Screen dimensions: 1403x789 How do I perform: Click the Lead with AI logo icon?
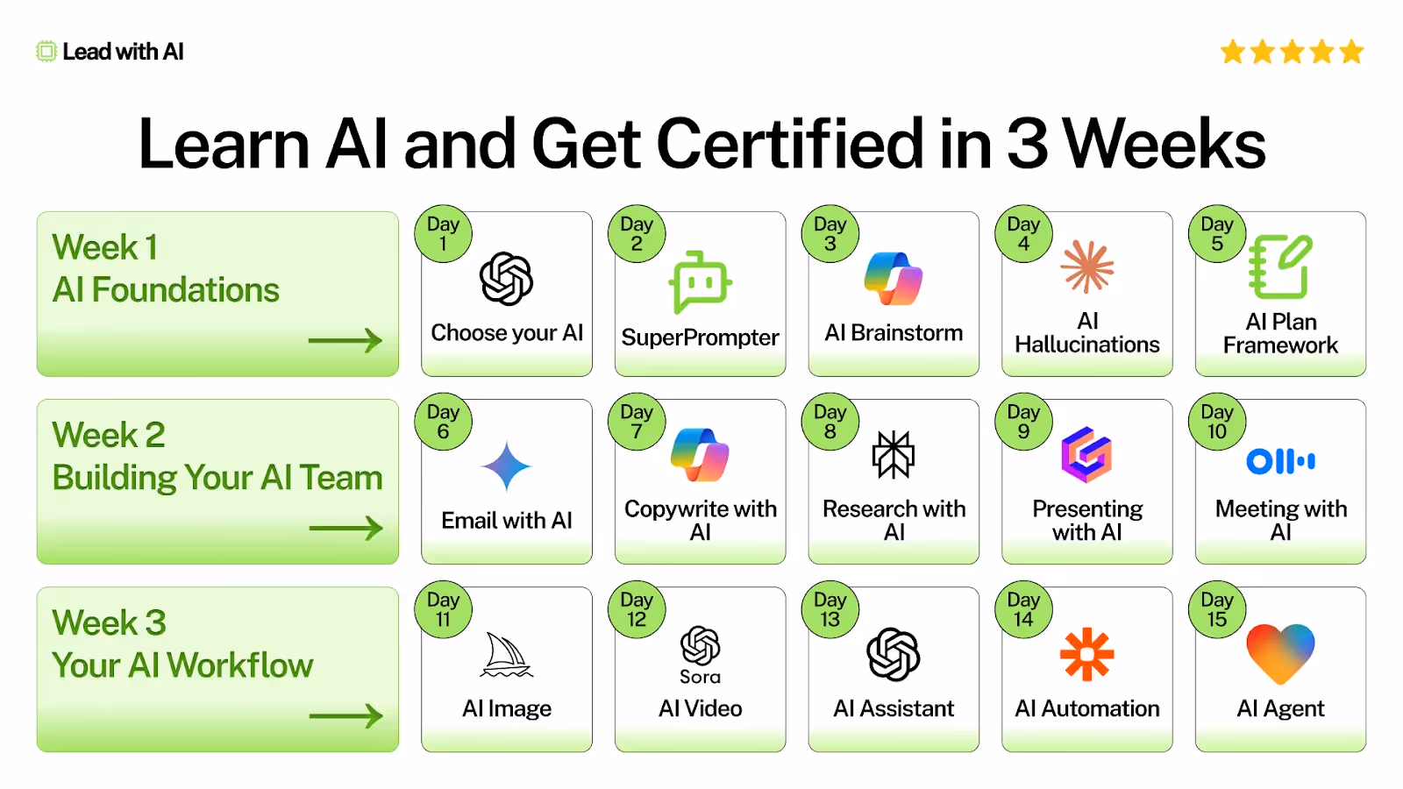tap(46, 52)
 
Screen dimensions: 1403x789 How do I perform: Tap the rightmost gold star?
tap(1351, 52)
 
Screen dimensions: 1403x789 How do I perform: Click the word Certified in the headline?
tap(789, 144)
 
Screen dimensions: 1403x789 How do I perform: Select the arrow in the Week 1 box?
tap(345, 340)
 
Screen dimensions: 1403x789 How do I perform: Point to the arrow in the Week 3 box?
tap(345, 716)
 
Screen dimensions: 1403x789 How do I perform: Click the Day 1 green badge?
tap(443, 234)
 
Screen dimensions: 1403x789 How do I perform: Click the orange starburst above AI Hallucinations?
tap(1087, 267)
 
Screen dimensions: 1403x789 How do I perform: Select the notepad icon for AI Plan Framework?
tap(1280, 267)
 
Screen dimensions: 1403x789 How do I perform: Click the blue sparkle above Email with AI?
tap(506, 466)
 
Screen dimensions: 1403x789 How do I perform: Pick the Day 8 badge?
tap(830, 422)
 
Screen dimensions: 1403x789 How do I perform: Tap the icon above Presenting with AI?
tap(1086, 454)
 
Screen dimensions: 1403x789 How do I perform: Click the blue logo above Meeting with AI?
tap(1280, 461)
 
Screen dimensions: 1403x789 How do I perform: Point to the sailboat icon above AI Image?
tap(506, 656)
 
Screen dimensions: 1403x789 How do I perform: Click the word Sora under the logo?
tap(700, 677)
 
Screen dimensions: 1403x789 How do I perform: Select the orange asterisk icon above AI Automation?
tap(1086, 654)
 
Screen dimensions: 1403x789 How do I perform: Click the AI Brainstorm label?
tap(894, 333)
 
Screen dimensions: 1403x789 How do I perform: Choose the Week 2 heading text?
tap(109, 435)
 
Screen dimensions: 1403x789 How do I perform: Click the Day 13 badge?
tap(830, 610)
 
